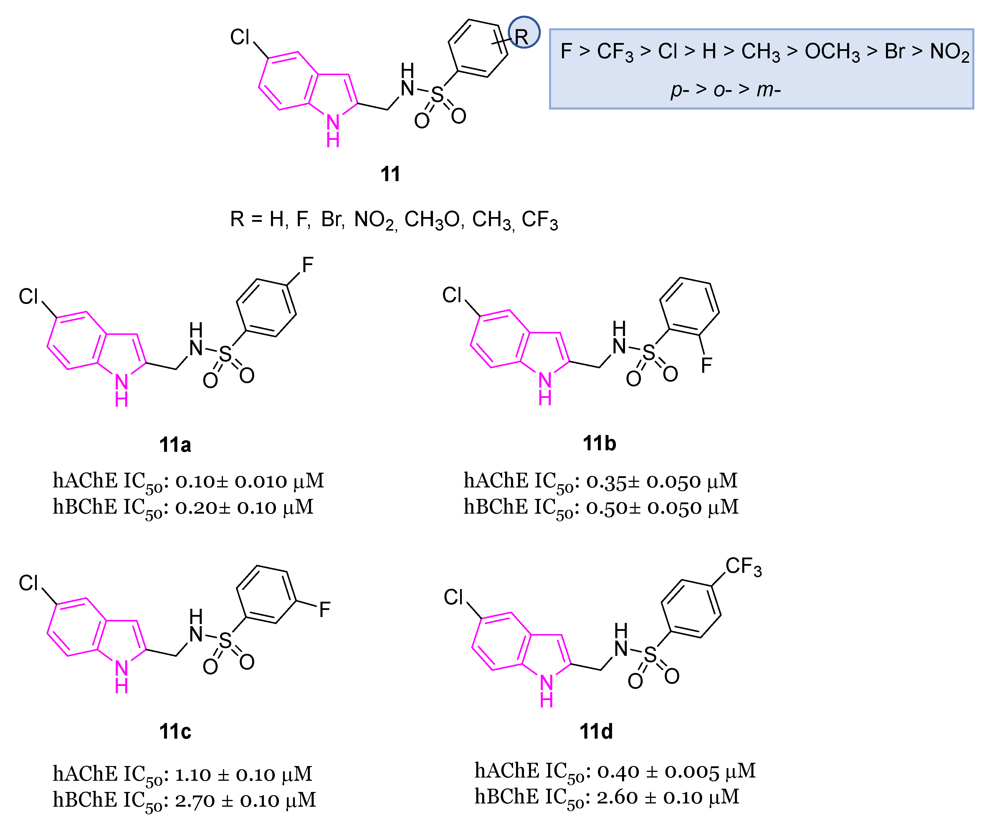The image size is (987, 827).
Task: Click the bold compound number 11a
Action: pos(175,444)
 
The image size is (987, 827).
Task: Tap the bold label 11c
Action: pos(175,731)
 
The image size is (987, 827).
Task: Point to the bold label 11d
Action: pos(596,731)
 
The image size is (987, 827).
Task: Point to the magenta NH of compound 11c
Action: pos(122,677)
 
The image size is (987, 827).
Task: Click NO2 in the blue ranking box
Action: pos(949,52)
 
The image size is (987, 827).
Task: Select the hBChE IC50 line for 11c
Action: pos(184,800)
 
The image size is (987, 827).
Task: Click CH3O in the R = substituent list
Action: pos(431,219)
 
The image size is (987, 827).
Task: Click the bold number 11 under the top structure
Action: pos(390,174)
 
